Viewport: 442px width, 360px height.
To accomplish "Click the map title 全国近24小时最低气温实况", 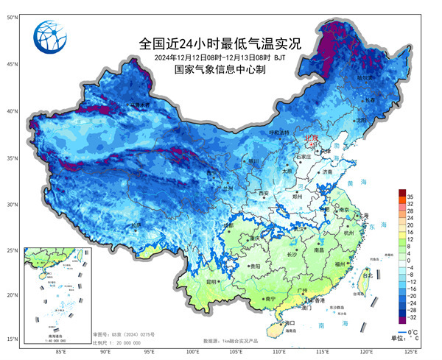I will (x=220, y=43).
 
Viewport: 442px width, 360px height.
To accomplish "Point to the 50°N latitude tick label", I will (x=13, y=16).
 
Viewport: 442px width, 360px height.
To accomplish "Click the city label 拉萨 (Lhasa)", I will (x=135, y=225).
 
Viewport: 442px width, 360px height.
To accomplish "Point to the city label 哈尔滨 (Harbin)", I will (x=365, y=77).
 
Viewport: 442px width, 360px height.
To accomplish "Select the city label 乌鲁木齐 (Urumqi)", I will (x=139, y=105).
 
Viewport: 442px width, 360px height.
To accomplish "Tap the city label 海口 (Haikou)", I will (x=290, y=322).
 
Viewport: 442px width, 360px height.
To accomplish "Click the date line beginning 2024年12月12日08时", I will (x=214, y=57).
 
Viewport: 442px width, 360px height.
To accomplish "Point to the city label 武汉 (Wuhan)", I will (x=298, y=227).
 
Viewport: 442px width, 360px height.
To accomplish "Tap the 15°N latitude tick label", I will (x=13, y=339).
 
